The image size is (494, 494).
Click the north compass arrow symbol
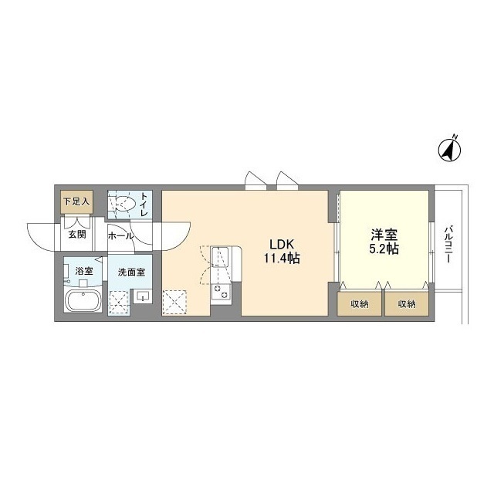pos(449,149)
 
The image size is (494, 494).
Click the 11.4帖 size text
pos(282,259)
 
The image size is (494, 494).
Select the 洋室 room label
pos(384,235)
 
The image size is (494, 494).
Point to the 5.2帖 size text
pos(384,249)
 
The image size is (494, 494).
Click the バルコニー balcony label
pos(448,244)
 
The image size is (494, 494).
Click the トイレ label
pos(144,204)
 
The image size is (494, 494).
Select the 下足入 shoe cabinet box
pos(77,202)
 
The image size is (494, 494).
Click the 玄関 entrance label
pos(77,235)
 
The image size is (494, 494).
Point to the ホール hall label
pos(121,235)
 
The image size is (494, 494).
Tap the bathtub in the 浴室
pos(83,300)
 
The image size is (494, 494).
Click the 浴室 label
pos(84,271)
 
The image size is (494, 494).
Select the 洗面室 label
pos(131,272)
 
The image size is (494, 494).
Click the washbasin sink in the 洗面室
pos(143,296)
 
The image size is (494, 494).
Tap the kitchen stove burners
pos(220,292)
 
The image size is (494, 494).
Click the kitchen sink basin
pos(220,257)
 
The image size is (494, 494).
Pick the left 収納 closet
pos(359,303)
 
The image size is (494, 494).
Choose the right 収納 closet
pos(407,303)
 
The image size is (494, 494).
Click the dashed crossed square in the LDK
pos(174,303)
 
